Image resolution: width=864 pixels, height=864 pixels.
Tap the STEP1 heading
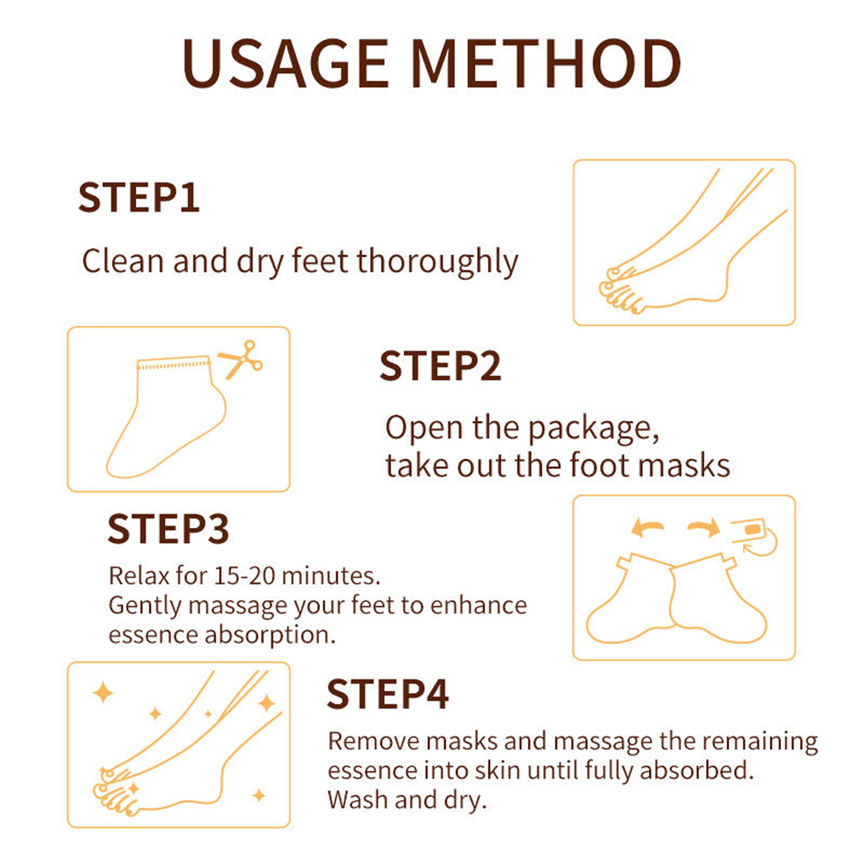(x=139, y=198)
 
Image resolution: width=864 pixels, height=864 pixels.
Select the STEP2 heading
(x=440, y=366)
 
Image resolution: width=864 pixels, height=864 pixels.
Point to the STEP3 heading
(x=168, y=529)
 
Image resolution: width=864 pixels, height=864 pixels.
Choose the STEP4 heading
(x=387, y=694)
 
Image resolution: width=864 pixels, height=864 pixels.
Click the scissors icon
(x=240, y=359)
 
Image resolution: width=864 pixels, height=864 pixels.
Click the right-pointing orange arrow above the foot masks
(x=704, y=526)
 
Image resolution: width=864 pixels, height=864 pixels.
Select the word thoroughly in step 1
(x=437, y=262)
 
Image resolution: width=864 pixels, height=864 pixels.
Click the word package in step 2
(x=593, y=429)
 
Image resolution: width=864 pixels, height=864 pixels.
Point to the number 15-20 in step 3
(x=245, y=576)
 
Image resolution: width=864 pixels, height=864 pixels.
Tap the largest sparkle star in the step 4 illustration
(x=103, y=692)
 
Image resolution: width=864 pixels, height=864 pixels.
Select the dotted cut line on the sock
(x=173, y=365)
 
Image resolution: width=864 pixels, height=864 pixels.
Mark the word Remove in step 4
(x=374, y=741)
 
